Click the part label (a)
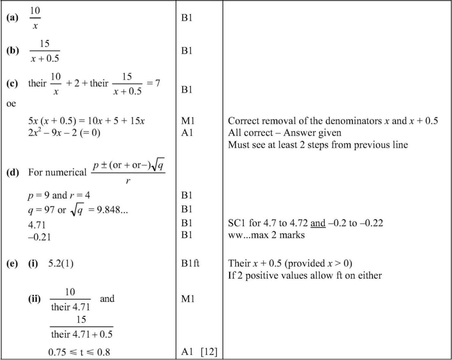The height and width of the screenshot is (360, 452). (x=13, y=18)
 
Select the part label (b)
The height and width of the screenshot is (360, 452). (x=13, y=51)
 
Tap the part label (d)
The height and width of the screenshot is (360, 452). (x=13, y=172)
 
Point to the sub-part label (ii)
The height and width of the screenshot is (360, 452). (x=34, y=299)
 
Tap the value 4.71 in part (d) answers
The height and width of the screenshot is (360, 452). (x=37, y=225)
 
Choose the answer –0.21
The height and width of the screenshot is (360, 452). (x=38, y=237)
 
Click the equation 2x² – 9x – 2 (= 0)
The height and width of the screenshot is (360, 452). (x=64, y=132)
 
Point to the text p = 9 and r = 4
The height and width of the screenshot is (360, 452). (x=59, y=195)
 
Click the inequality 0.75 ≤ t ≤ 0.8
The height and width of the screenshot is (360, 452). (x=79, y=352)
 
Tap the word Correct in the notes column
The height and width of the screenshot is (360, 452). (x=242, y=121)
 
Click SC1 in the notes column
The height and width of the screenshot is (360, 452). (x=237, y=224)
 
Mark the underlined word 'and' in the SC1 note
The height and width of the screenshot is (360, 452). (x=318, y=224)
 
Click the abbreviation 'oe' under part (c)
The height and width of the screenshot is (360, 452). (x=11, y=104)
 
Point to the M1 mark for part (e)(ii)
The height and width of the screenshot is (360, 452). (x=187, y=299)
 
